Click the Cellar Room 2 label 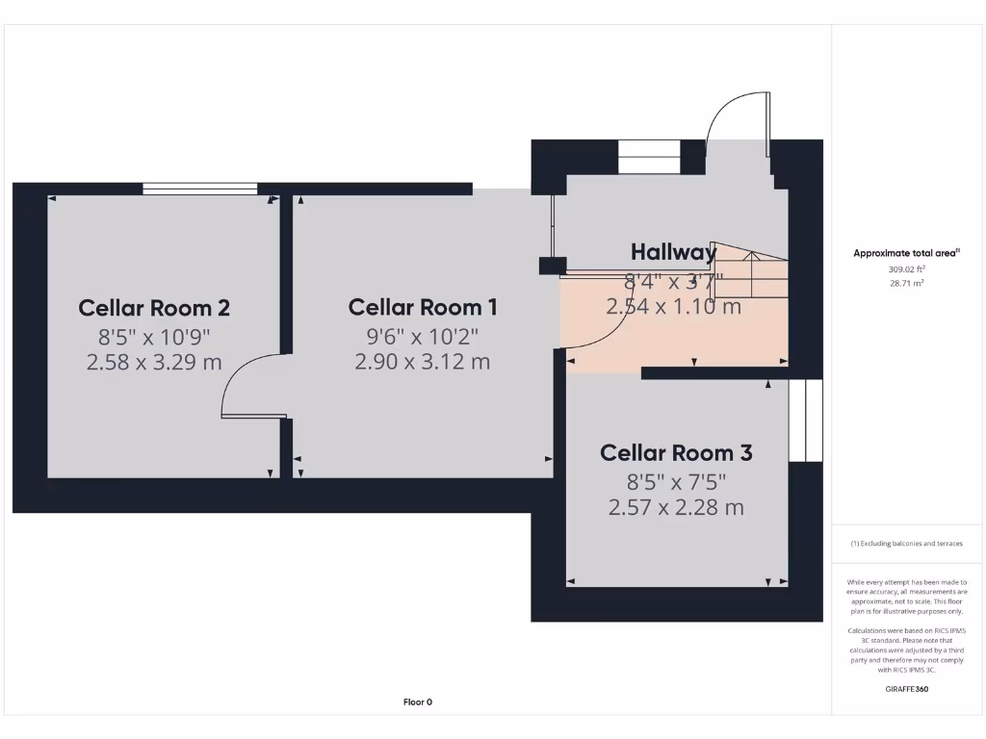[x=154, y=308]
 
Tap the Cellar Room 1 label [x=423, y=307]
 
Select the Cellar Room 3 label [x=676, y=452]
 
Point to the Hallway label [x=674, y=252]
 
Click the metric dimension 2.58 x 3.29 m [x=154, y=363]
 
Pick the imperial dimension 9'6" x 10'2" [x=423, y=336]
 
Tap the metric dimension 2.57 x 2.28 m [x=676, y=507]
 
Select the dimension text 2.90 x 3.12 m [x=423, y=362]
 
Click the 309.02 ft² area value [x=906, y=269]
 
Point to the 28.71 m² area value [x=906, y=284]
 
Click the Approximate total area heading [x=906, y=253]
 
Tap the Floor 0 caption [x=417, y=702]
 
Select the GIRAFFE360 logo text [x=906, y=689]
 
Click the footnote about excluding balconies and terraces [x=906, y=544]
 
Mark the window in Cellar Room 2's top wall [x=200, y=189]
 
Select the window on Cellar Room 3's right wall [x=806, y=420]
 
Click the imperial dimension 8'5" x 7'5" [x=676, y=481]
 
